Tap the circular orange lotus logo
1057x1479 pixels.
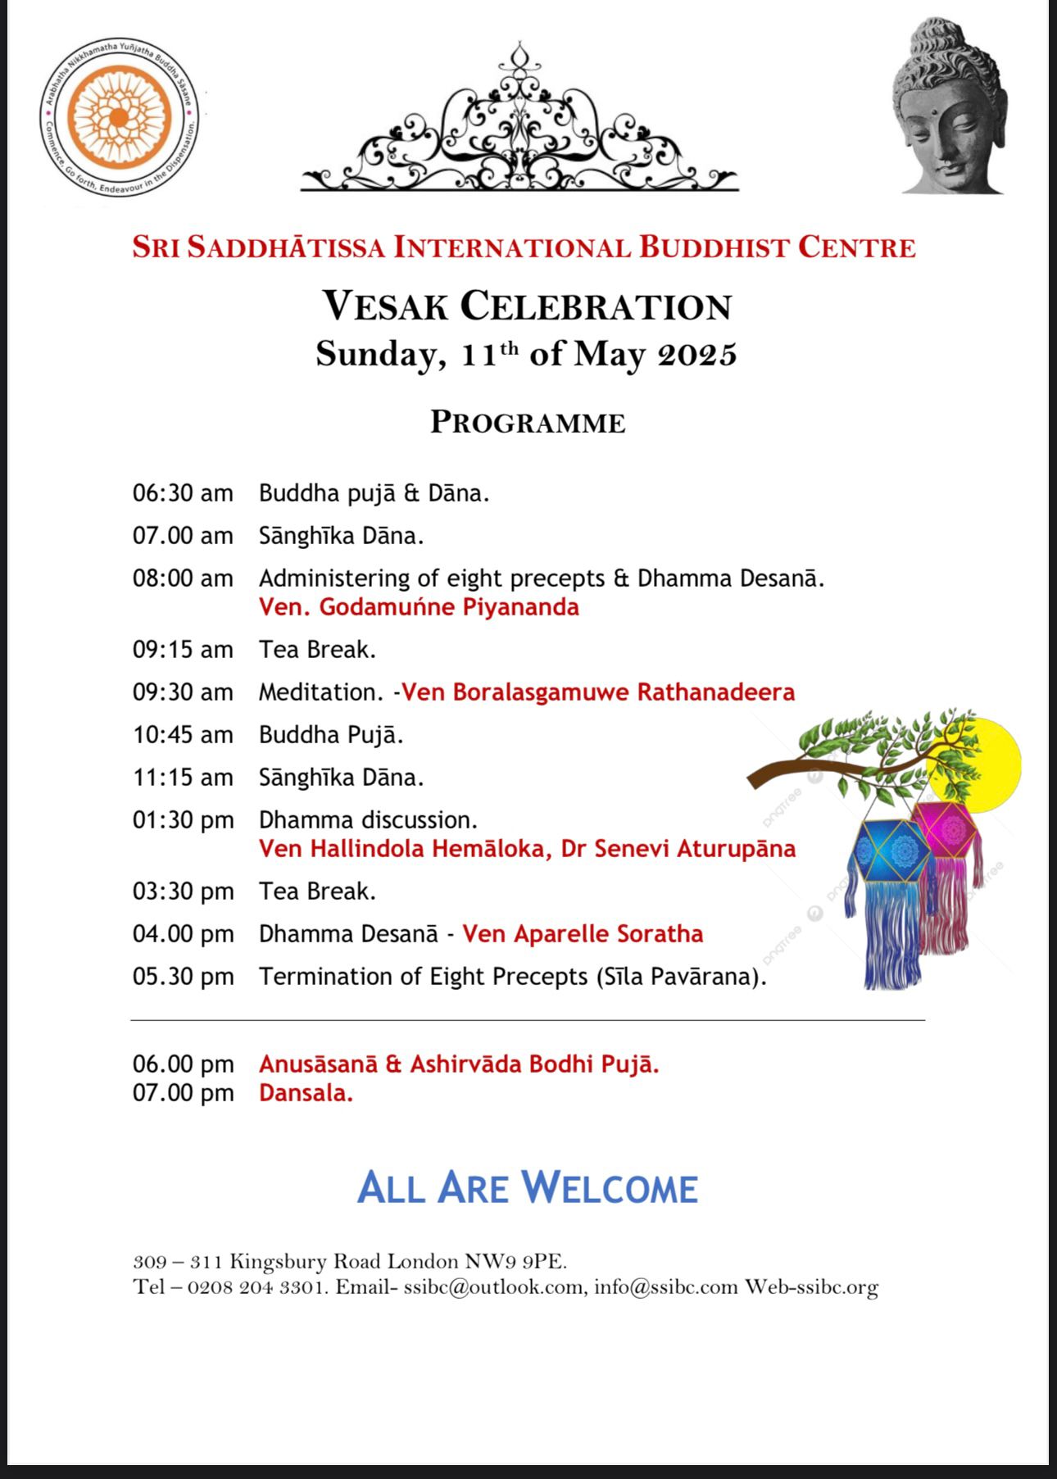(x=120, y=118)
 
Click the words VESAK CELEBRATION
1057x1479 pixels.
(x=526, y=306)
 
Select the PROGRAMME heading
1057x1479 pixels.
(x=528, y=423)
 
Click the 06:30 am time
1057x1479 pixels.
(x=183, y=493)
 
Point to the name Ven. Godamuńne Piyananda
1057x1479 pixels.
(x=419, y=607)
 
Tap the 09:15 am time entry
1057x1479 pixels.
(x=183, y=650)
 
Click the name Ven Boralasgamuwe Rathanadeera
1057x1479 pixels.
(x=598, y=692)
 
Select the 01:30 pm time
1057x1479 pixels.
(x=183, y=820)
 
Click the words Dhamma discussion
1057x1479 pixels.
(x=368, y=820)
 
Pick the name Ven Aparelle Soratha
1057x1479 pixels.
(x=583, y=934)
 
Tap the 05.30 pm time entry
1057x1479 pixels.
(x=183, y=977)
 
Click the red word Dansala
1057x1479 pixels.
(x=306, y=1093)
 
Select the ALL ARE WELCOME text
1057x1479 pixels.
(x=527, y=1188)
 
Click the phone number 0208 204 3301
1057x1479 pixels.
(x=257, y=1287)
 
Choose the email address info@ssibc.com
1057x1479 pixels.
(x=665, y=1287)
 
